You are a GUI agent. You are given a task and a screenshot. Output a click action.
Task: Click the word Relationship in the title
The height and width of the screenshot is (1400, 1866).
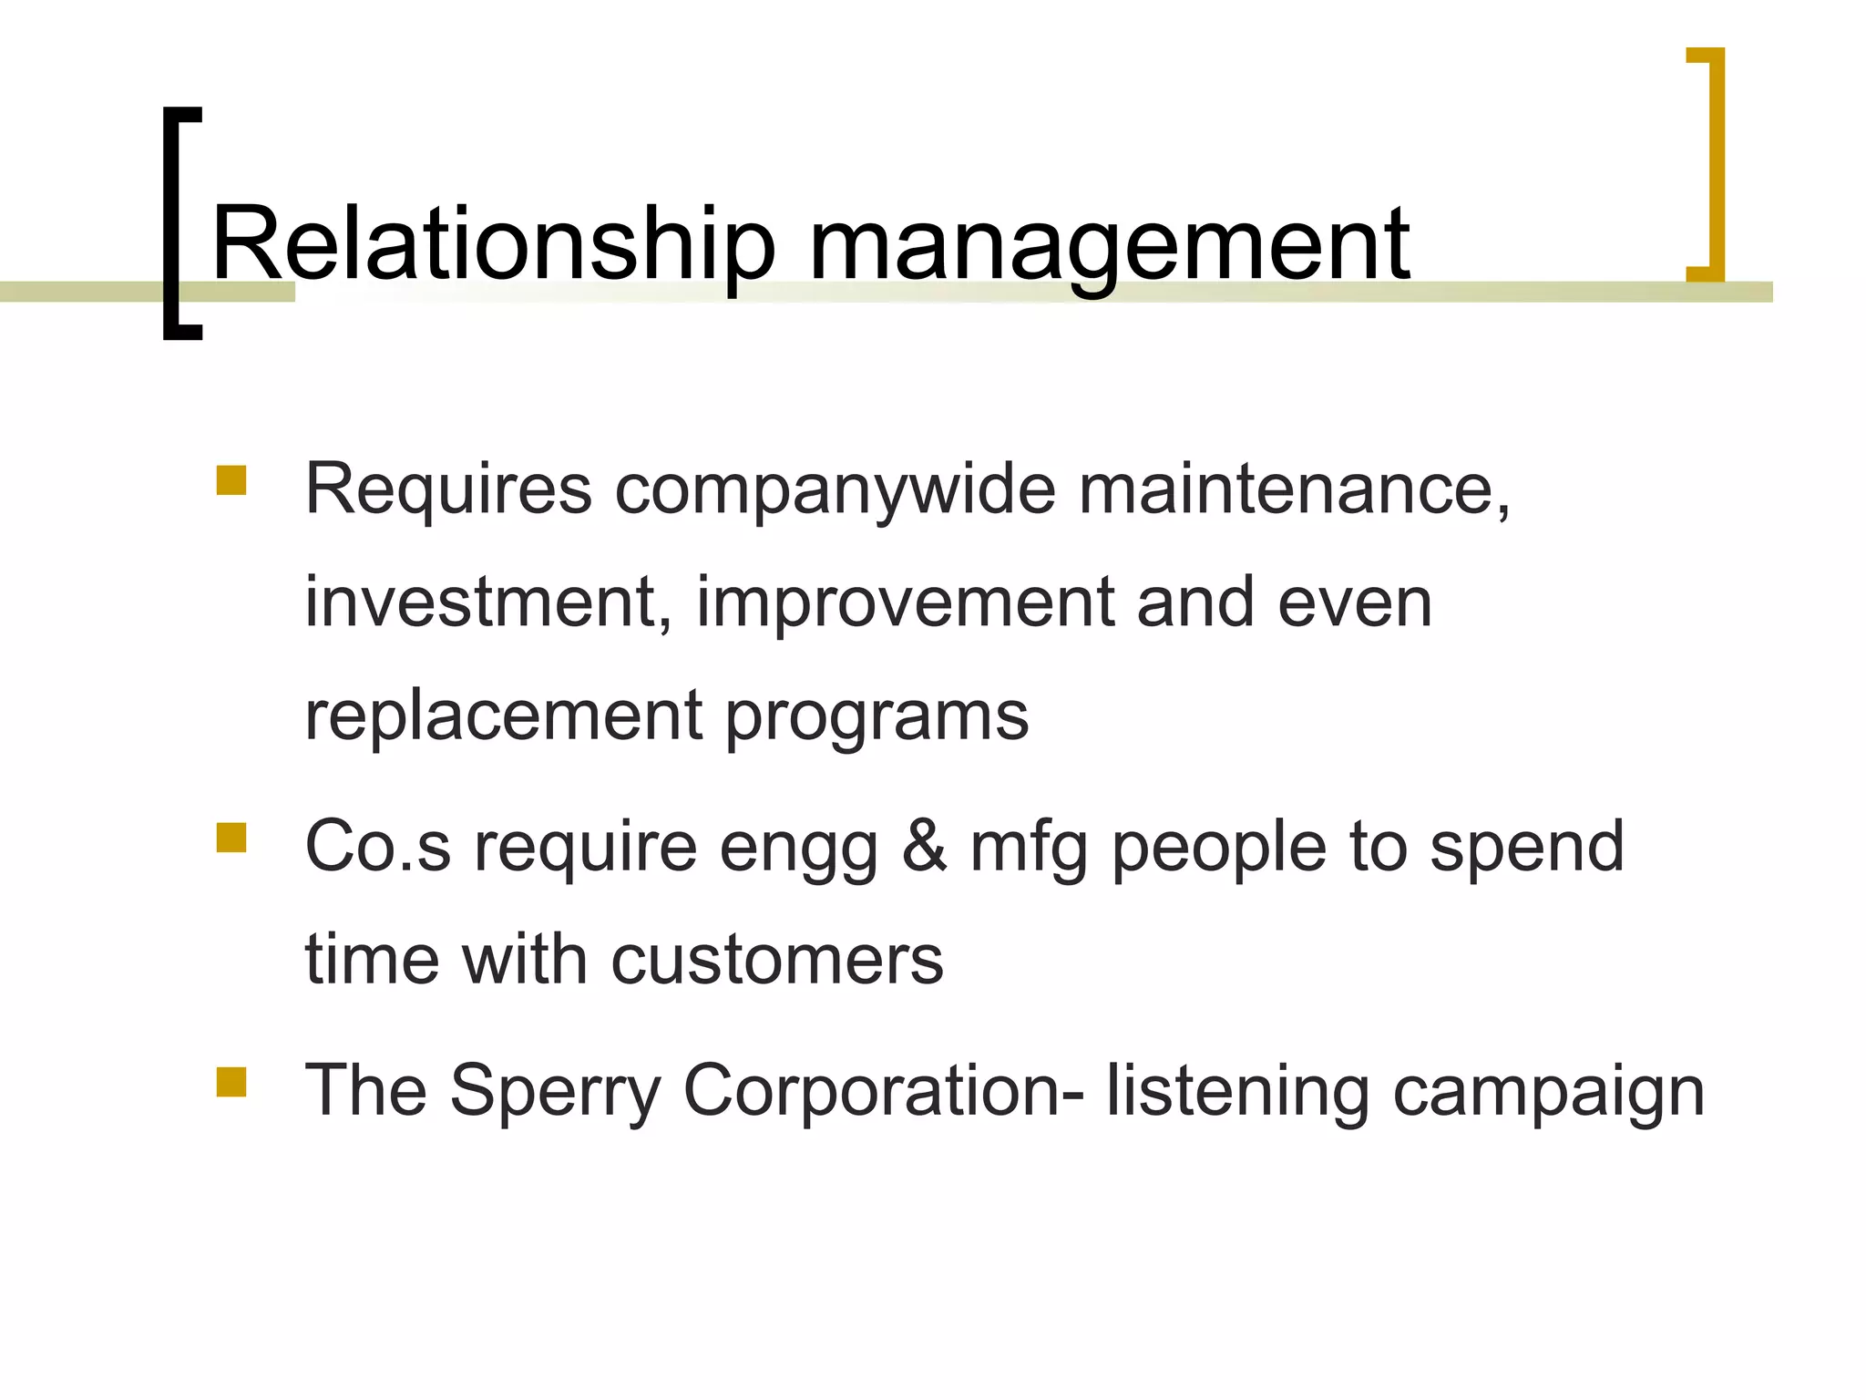[x=492, y=244]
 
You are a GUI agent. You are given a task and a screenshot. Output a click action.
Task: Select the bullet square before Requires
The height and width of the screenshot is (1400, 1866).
[x=231, y=480]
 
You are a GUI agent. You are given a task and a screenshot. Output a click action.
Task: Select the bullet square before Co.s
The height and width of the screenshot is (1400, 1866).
[x=231, y=838]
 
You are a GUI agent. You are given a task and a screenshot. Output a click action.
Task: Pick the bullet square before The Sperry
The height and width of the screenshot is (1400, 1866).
[x=231, y=1081]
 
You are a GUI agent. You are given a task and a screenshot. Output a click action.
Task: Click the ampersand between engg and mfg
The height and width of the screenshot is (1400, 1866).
[x=925, y=846]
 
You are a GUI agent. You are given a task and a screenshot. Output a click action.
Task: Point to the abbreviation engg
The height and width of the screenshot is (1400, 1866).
[x=798, y=848]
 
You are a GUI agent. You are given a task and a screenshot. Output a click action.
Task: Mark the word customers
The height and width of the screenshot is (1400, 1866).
[x=777, y=960]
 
